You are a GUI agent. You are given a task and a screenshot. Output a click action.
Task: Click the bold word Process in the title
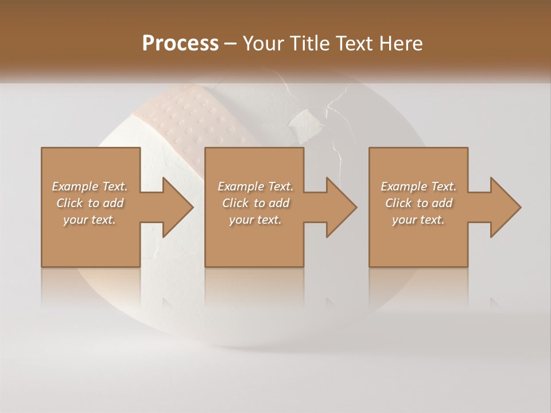(180, 44)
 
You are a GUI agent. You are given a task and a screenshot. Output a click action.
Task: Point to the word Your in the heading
(263, 44)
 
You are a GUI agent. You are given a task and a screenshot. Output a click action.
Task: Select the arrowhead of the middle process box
(340, 207)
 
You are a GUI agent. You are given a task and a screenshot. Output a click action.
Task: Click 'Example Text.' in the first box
(90, 186)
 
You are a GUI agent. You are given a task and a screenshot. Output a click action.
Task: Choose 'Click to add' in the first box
(90, 203)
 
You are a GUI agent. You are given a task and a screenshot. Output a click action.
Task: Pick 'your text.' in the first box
(90, 220)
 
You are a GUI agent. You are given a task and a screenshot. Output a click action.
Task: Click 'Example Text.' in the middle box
(255, 186)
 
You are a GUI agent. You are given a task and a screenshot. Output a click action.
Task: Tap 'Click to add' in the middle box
(255, 203)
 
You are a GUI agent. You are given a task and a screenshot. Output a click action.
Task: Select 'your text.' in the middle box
(255, 220)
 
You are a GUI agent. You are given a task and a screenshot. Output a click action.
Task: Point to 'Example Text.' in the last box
(418, 186)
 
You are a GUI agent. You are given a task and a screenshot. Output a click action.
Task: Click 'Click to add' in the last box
(418, 203)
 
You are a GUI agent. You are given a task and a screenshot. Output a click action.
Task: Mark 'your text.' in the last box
(418, 220)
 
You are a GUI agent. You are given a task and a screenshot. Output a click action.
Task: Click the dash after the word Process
(231, 44)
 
